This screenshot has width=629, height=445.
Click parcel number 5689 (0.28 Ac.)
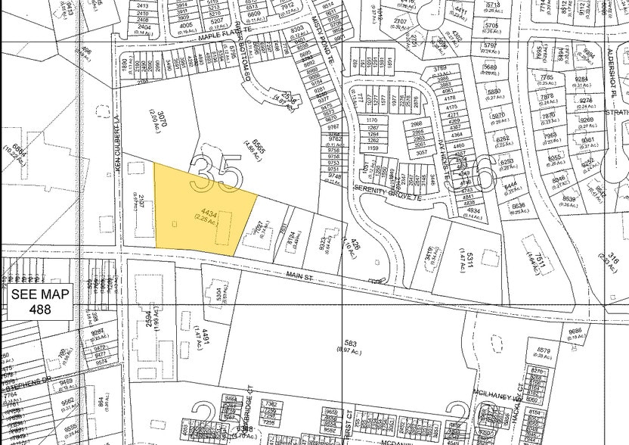(x=491, y=67)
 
